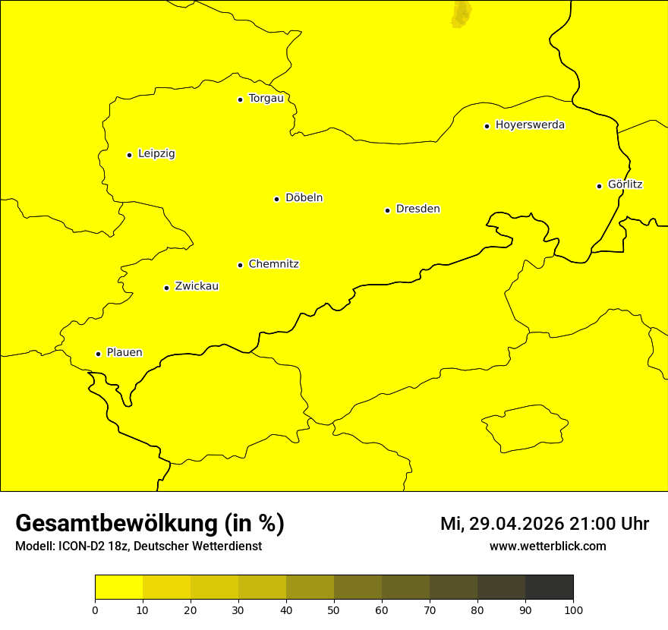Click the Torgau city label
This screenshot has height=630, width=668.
266,99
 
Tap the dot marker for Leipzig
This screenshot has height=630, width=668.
129,155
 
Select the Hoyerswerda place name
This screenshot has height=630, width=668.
530,125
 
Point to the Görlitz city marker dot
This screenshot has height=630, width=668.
599,186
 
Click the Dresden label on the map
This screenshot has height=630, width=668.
417,209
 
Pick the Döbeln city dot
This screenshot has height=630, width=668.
276,199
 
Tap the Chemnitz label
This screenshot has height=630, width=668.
273,264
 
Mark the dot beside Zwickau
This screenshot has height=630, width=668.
166,288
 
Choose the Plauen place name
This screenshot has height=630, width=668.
124,353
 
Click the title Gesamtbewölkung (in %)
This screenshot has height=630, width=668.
150,523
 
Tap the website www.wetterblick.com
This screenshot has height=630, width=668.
547,546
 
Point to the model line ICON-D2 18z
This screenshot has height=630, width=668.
138,546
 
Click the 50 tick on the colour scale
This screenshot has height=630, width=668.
334,610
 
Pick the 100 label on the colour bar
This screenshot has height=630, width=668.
573,610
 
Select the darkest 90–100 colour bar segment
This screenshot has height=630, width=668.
549,587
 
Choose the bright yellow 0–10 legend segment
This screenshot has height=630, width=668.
118,587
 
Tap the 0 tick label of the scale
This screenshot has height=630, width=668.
95,610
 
